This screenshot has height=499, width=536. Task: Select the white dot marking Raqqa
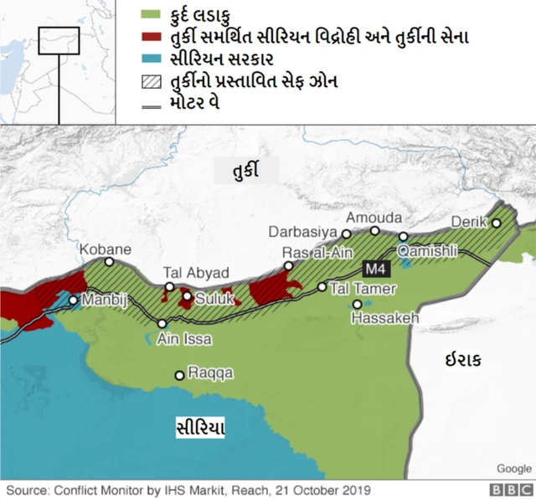[x=179, y=375]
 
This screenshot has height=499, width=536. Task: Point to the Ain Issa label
[x=185, y=339]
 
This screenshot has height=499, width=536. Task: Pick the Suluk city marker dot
[x=187, y=296]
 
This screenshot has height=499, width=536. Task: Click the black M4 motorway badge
[x=374, y=269]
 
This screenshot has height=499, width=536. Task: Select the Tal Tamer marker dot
[x=322, y=286]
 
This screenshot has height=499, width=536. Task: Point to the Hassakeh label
[x=384, y=319]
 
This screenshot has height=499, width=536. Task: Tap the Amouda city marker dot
[x=375, y=230]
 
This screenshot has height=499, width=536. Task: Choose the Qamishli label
[x=428, y=251]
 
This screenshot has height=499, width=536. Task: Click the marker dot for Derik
[x=496, y=223]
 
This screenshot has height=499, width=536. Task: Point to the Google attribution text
[x=513, y=468]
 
